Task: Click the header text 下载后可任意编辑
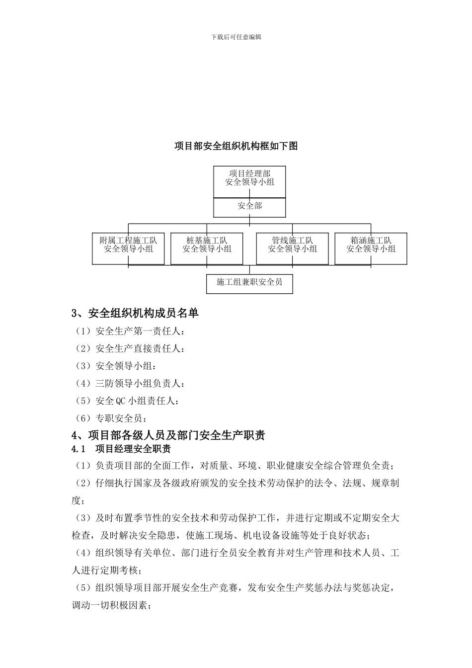[236, 37]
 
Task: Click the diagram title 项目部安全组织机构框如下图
[236, 146]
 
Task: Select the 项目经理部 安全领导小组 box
[249, 178]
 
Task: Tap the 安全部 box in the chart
[249, 206]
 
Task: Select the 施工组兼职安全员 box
[249, 282]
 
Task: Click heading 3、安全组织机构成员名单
[135, 313]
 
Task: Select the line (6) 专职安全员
[112, 418]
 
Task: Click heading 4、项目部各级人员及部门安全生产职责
[168, 435]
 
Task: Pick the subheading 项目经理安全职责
[133, 449]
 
